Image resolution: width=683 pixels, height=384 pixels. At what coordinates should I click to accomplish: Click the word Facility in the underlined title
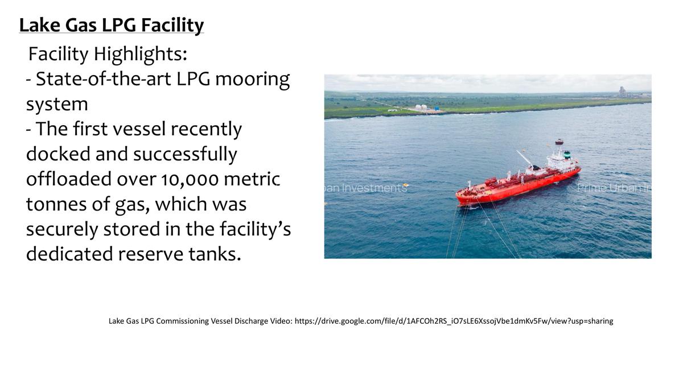tap(172, 25)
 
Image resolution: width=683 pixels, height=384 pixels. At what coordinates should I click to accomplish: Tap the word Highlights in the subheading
tap(140, 54)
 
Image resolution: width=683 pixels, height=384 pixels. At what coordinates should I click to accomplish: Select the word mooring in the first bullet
tap(253, 79)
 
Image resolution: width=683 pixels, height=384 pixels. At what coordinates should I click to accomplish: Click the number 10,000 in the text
tap(190, 180)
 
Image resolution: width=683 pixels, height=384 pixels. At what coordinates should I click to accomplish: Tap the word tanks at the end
tap(215, 254)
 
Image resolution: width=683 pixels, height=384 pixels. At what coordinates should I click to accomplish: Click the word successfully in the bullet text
tap(185, 155)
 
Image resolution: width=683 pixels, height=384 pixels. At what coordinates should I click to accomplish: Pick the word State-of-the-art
tap(104, 79)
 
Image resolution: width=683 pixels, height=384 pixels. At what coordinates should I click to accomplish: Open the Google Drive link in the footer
tap(454, 321)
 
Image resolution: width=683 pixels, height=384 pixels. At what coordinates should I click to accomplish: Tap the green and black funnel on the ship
tap(567, 154)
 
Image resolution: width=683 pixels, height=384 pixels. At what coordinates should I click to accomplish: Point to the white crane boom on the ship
tap(524, 158)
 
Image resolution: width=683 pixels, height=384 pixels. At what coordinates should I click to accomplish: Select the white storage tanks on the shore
tap(421, 108)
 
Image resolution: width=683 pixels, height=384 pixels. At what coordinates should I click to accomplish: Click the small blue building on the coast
tap(437, 108)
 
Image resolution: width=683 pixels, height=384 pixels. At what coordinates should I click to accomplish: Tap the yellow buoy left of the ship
tap(405, 185)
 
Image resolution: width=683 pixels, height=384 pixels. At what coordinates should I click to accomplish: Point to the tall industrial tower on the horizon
tap(621, 92)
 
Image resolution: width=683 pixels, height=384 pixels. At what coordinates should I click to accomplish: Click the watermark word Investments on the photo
tap(374, 188)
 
